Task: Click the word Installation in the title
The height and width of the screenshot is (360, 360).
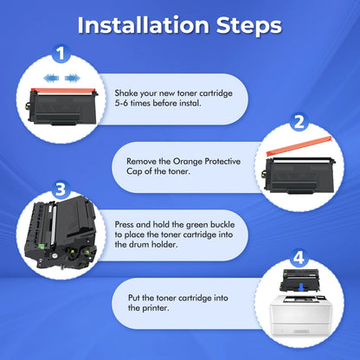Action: click(x=144, y=25)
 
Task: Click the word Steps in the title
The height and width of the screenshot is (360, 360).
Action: click(x=248, y=26)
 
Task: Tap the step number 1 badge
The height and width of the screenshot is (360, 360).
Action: click(x=61, y=54)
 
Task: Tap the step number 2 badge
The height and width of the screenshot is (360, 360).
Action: click(x=299, y=122)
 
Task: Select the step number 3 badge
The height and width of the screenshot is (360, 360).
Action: click(x=61, y=190)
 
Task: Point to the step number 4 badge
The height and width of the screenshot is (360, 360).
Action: click(x=299, y=258)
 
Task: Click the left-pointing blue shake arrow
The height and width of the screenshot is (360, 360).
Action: click(x=51, y=78)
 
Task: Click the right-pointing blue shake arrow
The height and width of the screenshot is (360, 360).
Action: click(x=73, y=78)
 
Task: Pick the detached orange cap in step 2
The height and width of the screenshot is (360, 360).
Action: click(x=299, y=147)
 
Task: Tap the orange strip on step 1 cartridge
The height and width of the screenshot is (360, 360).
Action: click(x=63, y=91)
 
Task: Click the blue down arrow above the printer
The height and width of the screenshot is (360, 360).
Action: click(x=301, y=287)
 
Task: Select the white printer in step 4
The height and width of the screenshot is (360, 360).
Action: click(x=300, y=315)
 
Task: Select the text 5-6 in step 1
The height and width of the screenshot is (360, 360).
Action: click(x=121, y=103)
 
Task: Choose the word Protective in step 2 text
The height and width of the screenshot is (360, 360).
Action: click(x=222, y=161)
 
